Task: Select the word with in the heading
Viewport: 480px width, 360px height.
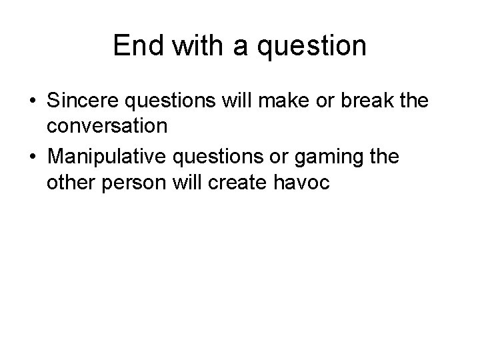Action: [x=193, y=46]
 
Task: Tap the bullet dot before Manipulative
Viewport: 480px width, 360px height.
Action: [x=32, y=159]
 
